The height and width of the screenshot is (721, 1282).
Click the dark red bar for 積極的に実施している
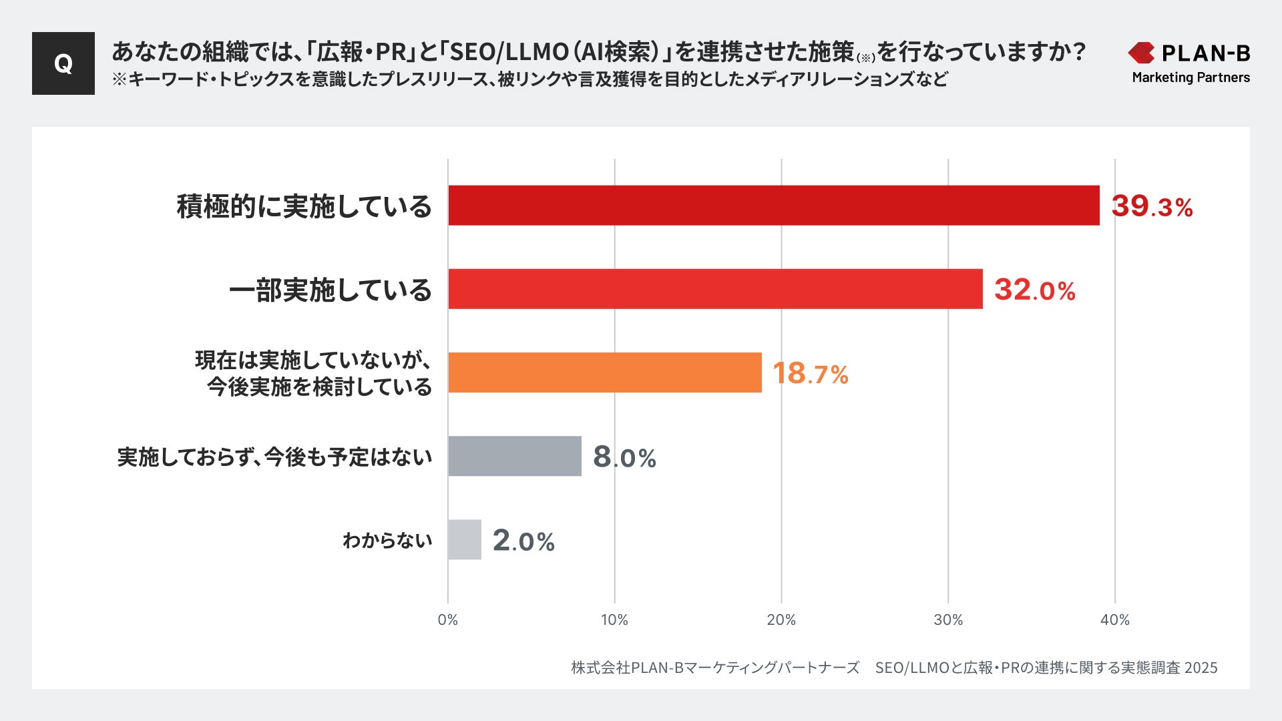point(773,206)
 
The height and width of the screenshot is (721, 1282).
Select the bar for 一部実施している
point(715,289)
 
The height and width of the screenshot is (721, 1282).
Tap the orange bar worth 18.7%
point(604,373)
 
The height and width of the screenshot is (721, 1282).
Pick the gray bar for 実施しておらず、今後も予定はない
point(514,456)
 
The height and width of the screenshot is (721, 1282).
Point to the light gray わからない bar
point(464,539)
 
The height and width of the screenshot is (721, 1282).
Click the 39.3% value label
point(1152,206)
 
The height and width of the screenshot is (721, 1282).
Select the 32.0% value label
point(1034,290)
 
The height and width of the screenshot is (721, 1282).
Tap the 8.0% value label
point(624,457)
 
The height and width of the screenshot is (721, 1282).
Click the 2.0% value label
point(523,541)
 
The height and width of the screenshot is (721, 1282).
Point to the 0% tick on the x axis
point(447,620)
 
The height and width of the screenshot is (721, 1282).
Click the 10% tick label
point(614,620)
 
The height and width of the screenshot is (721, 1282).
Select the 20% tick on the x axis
point(781,620)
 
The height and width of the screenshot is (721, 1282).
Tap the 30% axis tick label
point(948,620)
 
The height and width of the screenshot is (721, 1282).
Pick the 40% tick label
point(1114,620)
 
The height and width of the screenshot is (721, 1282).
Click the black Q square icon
point(63,63)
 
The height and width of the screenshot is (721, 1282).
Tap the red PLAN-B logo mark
point(1141,53)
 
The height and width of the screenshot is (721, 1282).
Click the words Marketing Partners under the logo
point(1191,77)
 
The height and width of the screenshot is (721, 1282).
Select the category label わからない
point(387,540)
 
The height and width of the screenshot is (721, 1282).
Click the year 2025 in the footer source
point(1201,668)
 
